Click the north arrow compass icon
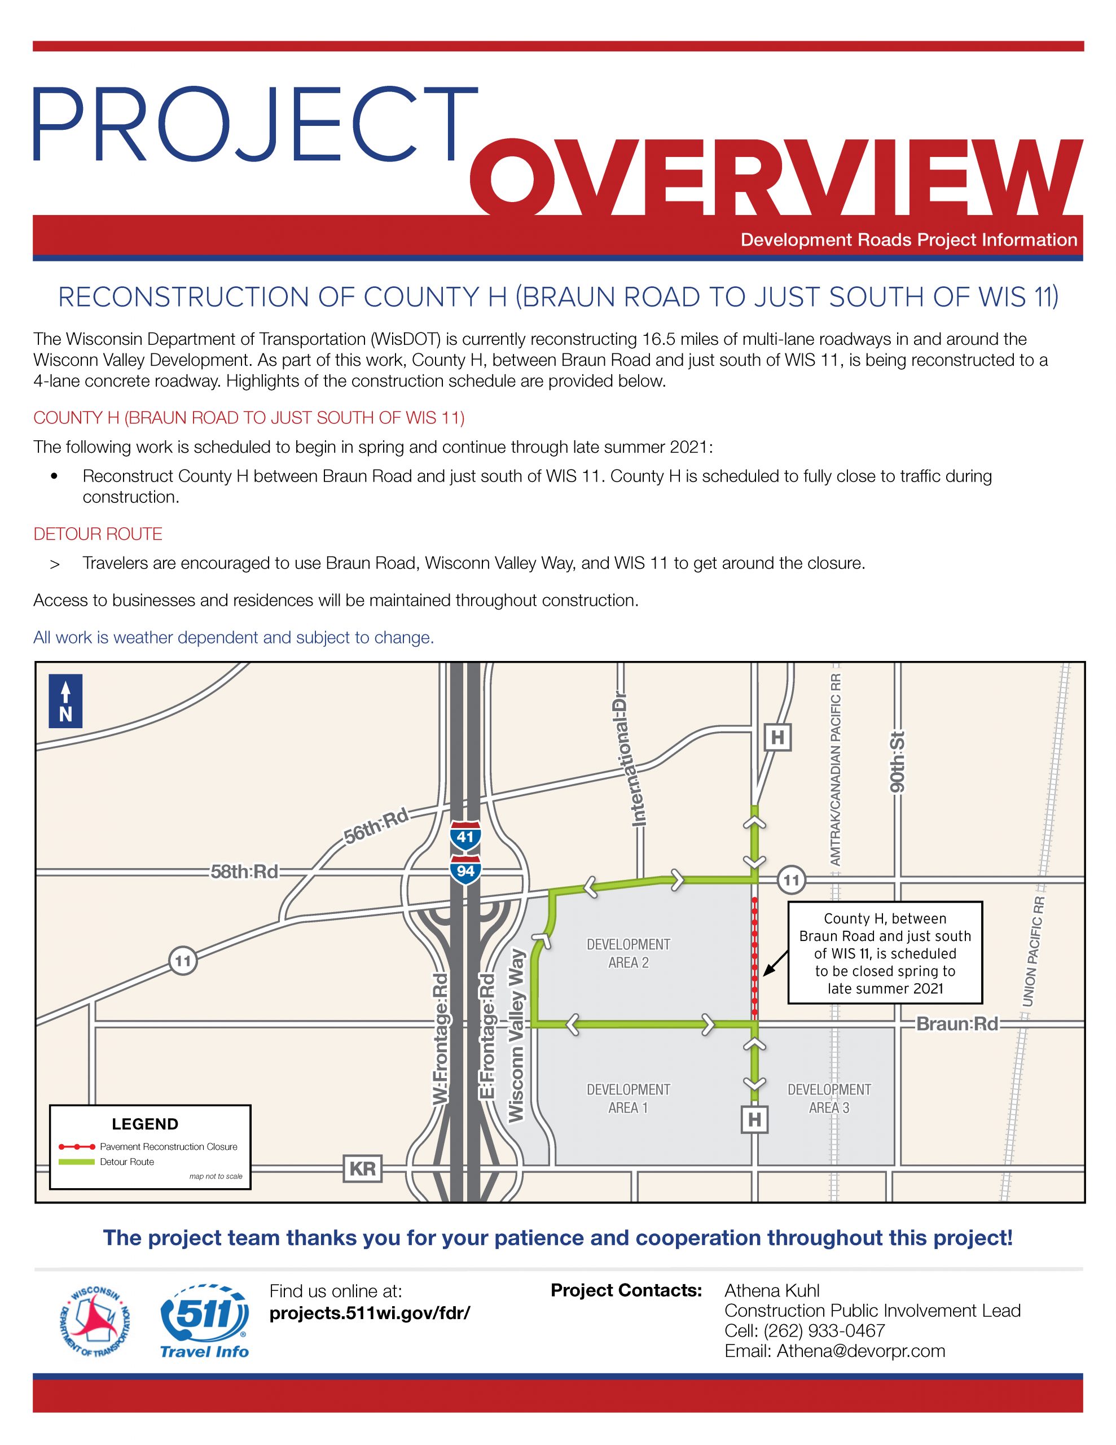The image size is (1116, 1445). point(65,700)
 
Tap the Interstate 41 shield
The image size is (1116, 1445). point(465,837)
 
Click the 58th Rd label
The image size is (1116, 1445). point(244,872)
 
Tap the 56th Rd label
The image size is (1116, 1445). point(376,826)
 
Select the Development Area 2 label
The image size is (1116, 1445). point(628,953)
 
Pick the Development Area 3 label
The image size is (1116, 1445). point(829,1098)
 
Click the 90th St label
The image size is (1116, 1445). point(897,762)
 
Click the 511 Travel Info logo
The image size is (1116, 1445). point(204,1321)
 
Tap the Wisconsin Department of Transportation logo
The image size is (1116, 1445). point(95,1321)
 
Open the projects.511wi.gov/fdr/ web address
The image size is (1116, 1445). point(369,1313)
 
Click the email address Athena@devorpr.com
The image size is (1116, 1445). point(860,1351)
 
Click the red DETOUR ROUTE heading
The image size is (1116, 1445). point(98,534)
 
